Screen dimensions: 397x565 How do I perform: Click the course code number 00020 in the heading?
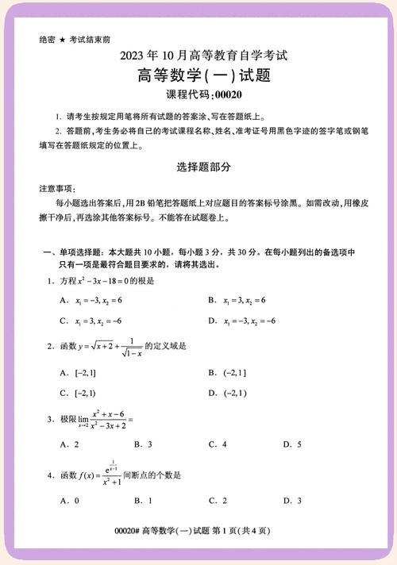click(225, 94)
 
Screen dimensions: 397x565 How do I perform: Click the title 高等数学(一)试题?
click(198, 76)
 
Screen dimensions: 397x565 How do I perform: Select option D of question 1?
click(241, 321)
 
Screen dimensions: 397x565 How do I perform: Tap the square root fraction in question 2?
click(131, 347)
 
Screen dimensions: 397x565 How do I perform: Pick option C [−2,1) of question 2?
click(78, 392)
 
